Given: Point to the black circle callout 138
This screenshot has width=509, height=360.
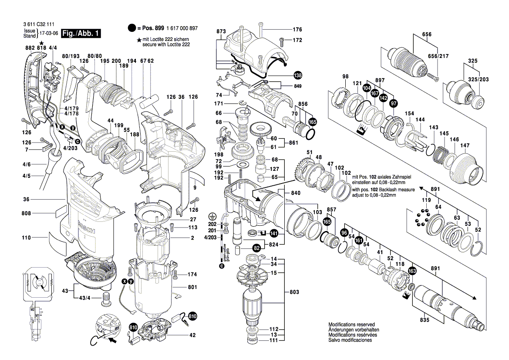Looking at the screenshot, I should coord(297,75).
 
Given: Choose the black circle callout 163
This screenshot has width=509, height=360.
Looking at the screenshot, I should coord(412,271).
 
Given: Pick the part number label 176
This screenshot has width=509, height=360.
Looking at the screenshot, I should coord(297,30).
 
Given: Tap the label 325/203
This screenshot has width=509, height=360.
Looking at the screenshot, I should coord(478,80).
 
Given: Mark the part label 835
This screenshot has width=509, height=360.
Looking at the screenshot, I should coord(425,320).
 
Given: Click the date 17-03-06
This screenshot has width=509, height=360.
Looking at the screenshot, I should coord(49,33).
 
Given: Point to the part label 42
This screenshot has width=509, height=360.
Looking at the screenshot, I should coord(192,335).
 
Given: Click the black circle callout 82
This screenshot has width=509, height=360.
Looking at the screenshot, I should coord(257,248).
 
